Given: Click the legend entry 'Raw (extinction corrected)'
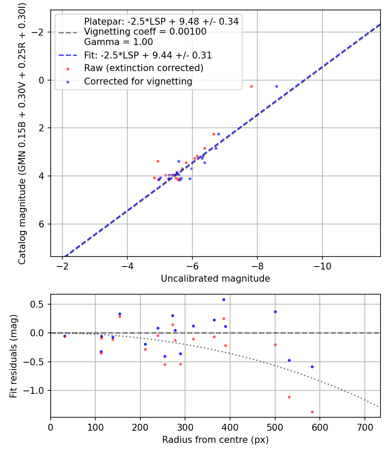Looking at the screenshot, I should pyautogui.click(x=143, y=68).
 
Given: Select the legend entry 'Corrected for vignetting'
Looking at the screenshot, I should pyautogui.click(x=138, y=81).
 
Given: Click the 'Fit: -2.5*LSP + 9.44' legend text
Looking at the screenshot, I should pyautogui.click(x=148, y=55).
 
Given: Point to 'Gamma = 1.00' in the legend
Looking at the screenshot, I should pyautogui.click(x=118, y=42).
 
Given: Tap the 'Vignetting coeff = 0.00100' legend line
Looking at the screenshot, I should pyautogui.click(x=145, y=32).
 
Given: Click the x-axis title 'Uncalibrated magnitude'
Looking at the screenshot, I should pyautogui.click(x=215, y=279).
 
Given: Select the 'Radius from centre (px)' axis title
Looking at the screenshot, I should pyautogui.click(x=215, y=440).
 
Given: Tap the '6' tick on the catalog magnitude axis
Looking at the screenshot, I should pyautogui.click(x=42, y=224).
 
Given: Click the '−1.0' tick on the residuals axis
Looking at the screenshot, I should pyautogui.click(x=36, y=390).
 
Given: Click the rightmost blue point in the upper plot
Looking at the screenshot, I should pyautogui.click(x=276, y=86).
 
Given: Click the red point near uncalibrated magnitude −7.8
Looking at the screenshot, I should pyautogui.click(x=251, y=86).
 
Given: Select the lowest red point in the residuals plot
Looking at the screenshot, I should pyautogui.click(x=312, y=412).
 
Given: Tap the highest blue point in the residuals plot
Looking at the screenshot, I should pyautogui.click(x=224, y=299).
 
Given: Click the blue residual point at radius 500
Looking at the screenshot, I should pyautogui.click(x=275, y=312).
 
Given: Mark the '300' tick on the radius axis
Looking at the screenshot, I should pyautogui.click(x=185, y=427).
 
